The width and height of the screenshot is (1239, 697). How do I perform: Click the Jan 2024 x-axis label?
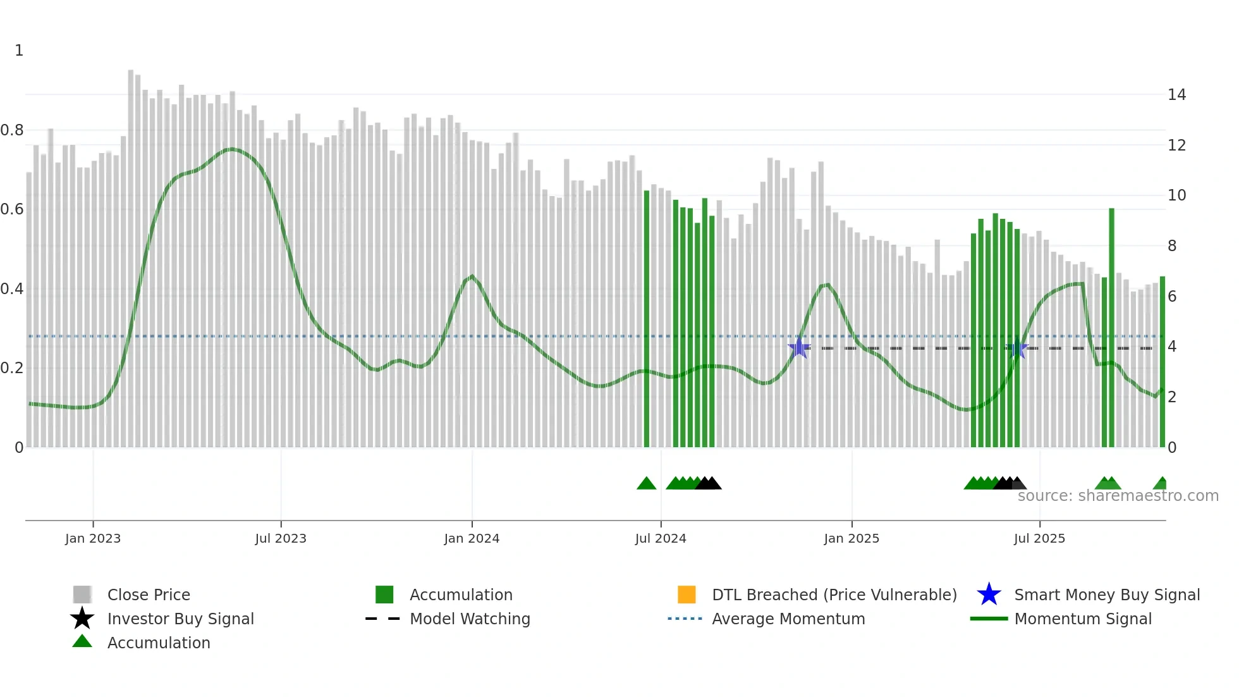click(x=472, y=538)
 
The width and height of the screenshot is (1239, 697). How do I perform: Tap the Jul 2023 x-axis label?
click(x=281, y=538)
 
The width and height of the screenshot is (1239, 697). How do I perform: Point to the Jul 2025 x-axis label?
click(x=1039, y=538)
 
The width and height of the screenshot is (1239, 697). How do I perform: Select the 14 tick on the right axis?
click(x=1176, y=95)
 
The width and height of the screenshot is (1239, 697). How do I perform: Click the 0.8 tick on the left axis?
click(x=13, y=130)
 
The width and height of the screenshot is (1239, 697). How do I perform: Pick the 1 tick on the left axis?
click(x=19, y=51)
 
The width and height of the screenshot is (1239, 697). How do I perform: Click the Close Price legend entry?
click(x=148, y=595)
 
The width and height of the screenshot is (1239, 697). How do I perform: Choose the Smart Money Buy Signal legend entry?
click(x=1106, y=595)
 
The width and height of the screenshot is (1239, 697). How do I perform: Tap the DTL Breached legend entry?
click(x=834, y=595)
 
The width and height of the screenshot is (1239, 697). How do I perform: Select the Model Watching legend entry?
click(x=469, y=619)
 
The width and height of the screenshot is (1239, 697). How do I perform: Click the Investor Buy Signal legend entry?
click(x=180, y=619)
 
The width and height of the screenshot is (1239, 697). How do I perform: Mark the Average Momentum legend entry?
click(x=788, y=619)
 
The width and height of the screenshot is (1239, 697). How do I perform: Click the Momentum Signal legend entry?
click(x=1082, y=619)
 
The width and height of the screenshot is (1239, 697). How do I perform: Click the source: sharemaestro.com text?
click(x=1118, y=496)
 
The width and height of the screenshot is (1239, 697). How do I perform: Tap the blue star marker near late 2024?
click(x=799, y=348)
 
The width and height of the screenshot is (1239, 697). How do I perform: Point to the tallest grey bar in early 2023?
click(x=131, y=253)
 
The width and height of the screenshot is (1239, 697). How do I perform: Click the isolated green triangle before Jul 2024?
click(x=646, y=484)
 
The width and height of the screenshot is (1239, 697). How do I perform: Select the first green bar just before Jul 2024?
click(x=646, y=316)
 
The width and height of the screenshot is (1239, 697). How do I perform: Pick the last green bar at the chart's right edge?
click(x=1162, y=361)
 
